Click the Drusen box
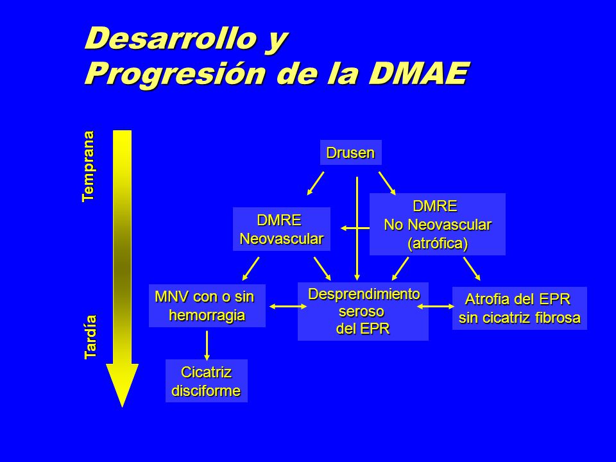351,153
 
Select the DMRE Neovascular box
282,229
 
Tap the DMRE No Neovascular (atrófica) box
437,225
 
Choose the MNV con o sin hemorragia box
207,305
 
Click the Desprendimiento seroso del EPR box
363,311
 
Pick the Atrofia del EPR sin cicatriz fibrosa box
520,309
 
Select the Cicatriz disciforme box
207,381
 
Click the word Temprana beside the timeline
89,166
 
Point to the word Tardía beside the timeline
90,337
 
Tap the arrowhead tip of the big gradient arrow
122,407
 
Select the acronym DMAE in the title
419,73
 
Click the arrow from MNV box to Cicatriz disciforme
207,346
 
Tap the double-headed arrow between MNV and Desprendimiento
288,307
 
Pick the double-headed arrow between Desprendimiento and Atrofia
436,307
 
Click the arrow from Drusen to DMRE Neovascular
316,183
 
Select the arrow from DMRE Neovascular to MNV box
251,269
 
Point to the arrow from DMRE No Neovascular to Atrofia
472,269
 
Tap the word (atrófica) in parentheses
438,244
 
